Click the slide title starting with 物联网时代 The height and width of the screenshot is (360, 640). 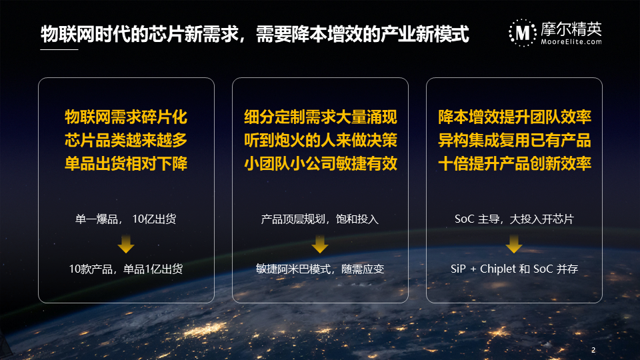(x=255, y=34)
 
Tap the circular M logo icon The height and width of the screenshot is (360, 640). (x=523, y=33)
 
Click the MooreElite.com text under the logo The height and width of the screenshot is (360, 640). (x=571, y=41)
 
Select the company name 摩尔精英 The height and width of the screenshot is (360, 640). (x=571, y=29)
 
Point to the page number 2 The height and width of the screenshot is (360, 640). (x=593, y=350)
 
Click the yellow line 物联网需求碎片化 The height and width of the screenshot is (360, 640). (x=126, y=117)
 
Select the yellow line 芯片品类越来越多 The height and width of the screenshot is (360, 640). (x=126, y=141)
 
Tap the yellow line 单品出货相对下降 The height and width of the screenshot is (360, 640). (x=126, y=164)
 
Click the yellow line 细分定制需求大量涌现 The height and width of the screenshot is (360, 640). (x=321, y=117)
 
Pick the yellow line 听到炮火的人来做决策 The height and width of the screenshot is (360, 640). (x=321, y=141)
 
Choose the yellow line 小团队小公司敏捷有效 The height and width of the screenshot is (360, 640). (x=321, y=164)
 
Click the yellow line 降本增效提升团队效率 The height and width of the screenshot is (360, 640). (x=514, y=117)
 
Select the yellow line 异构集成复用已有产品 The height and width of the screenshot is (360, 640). (x=514, y=141)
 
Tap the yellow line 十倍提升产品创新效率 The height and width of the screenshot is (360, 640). (x=514, y=164)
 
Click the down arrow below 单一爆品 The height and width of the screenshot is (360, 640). (x=126, y=244)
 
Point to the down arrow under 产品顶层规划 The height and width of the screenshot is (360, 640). (x=320, y=244)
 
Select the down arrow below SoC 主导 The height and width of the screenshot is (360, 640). (x=514, y=244)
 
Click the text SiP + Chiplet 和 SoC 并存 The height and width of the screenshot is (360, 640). (x=514, y=269)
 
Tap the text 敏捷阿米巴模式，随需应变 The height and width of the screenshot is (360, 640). (x=320, y=269)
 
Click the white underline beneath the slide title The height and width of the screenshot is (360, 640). (x=59, y=49)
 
